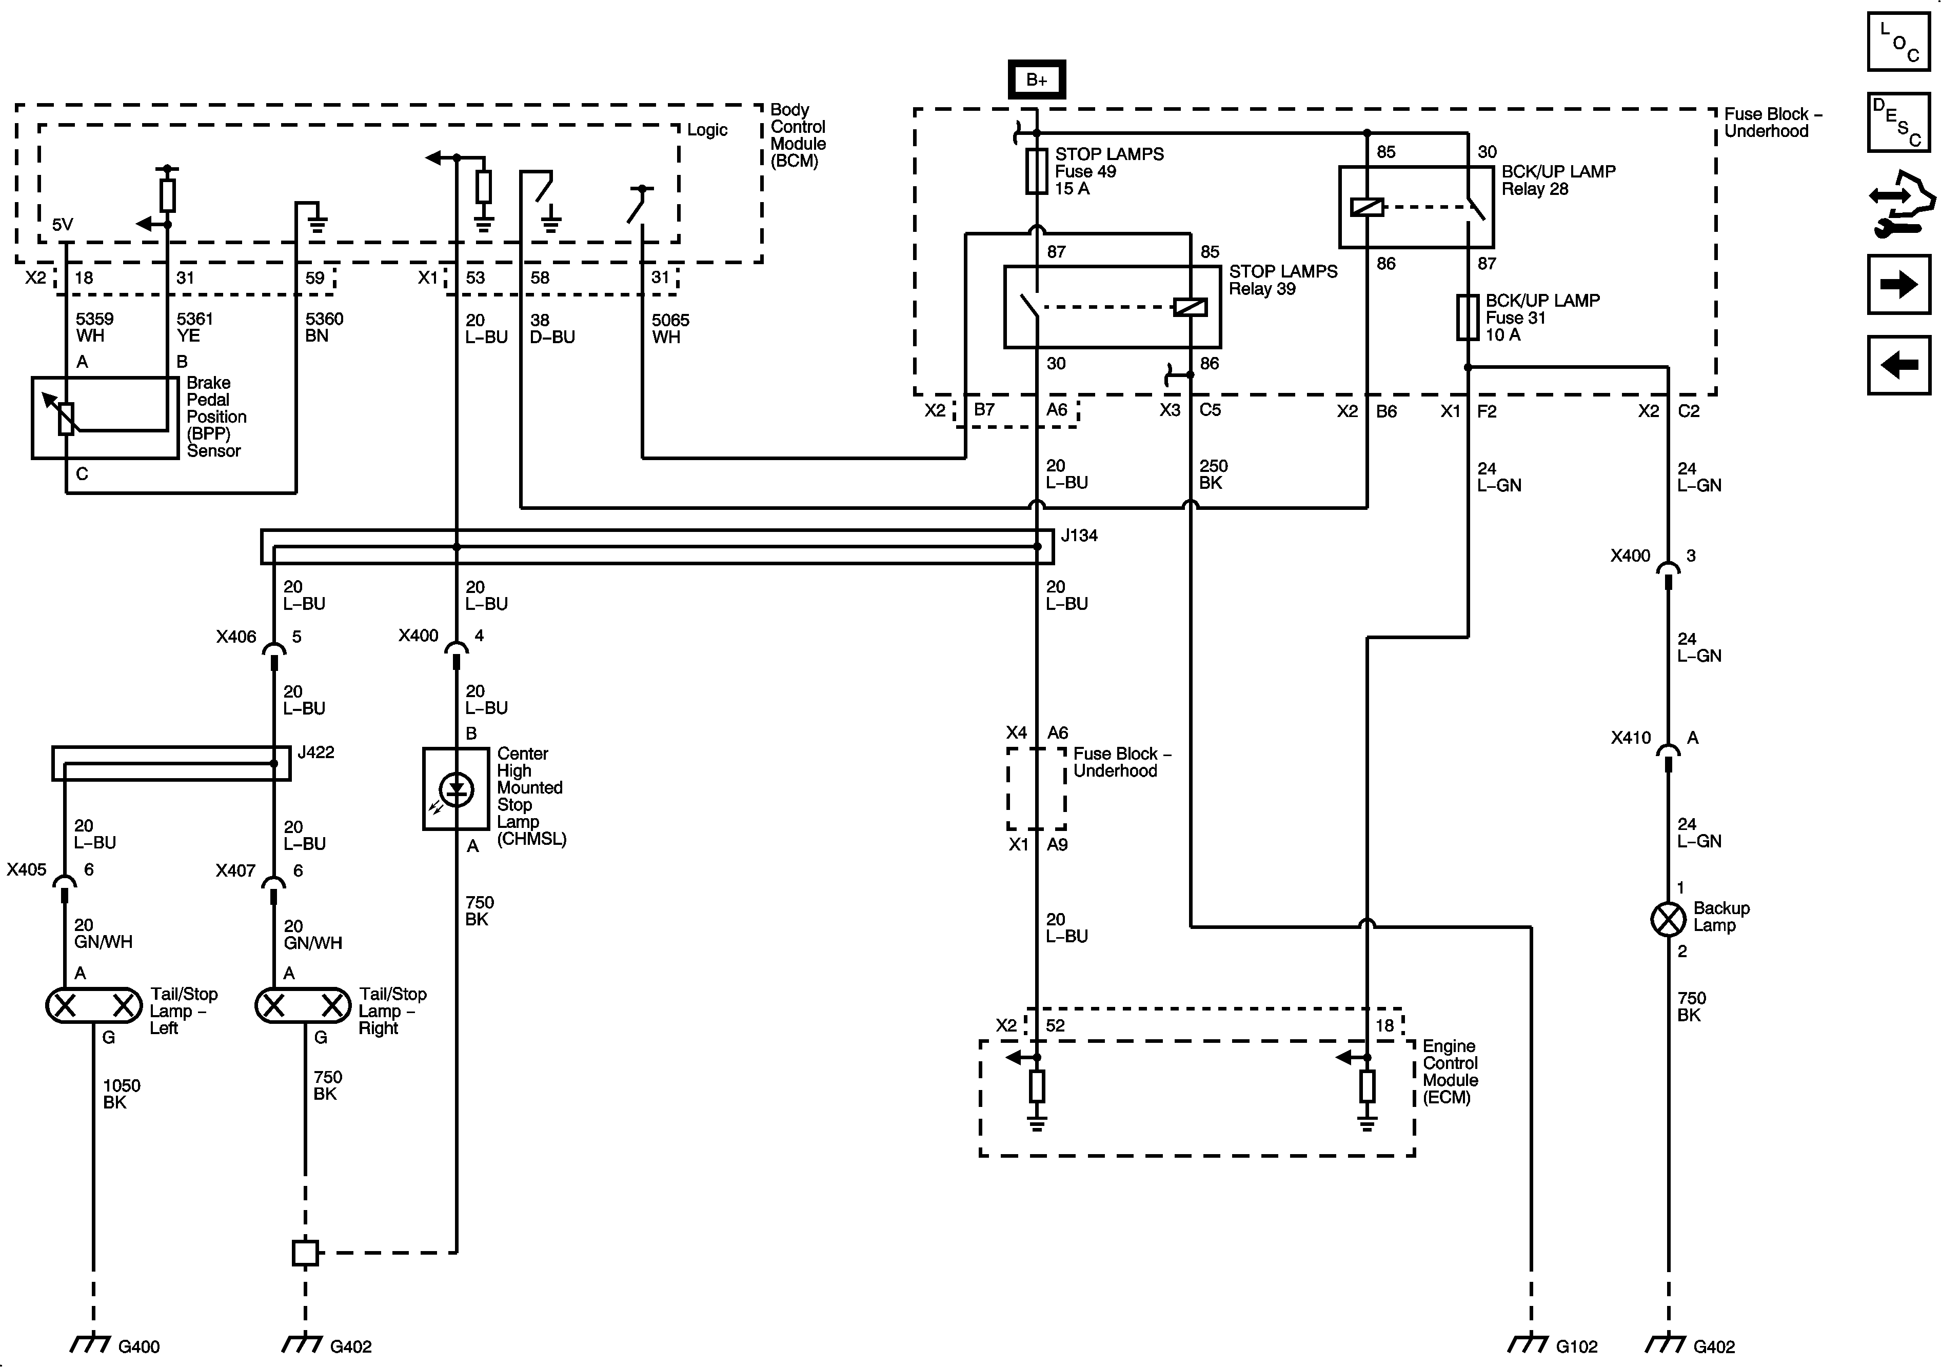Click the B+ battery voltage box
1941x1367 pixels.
click(x=1037, y=80)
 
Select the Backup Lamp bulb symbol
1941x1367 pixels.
click(x=1668, y=919)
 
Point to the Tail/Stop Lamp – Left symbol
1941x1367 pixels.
click(x=94, y=1005)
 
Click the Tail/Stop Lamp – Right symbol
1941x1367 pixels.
click(x=303, y=1005)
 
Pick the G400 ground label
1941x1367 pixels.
click(x=138, y=1346)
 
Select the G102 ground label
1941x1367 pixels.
click(x=1577, y=1346)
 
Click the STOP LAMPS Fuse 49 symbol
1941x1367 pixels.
click(x=1037, y=172)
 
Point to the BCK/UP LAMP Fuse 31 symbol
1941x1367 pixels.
click(x=1468, y=317)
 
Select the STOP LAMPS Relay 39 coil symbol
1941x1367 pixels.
click(x=1191, y=307)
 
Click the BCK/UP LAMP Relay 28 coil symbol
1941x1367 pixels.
click(x=1367, y=206)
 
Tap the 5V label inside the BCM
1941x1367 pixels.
click(x=63, y=224)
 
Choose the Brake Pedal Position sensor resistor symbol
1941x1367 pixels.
click(x=67, y=418)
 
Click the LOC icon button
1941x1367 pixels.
click(x=1899, y=42)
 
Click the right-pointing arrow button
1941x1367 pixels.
click(x=1899, y=284)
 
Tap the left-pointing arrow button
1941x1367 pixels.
click(x=1899, y=365)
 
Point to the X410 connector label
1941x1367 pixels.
click(x=1630, y=737)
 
